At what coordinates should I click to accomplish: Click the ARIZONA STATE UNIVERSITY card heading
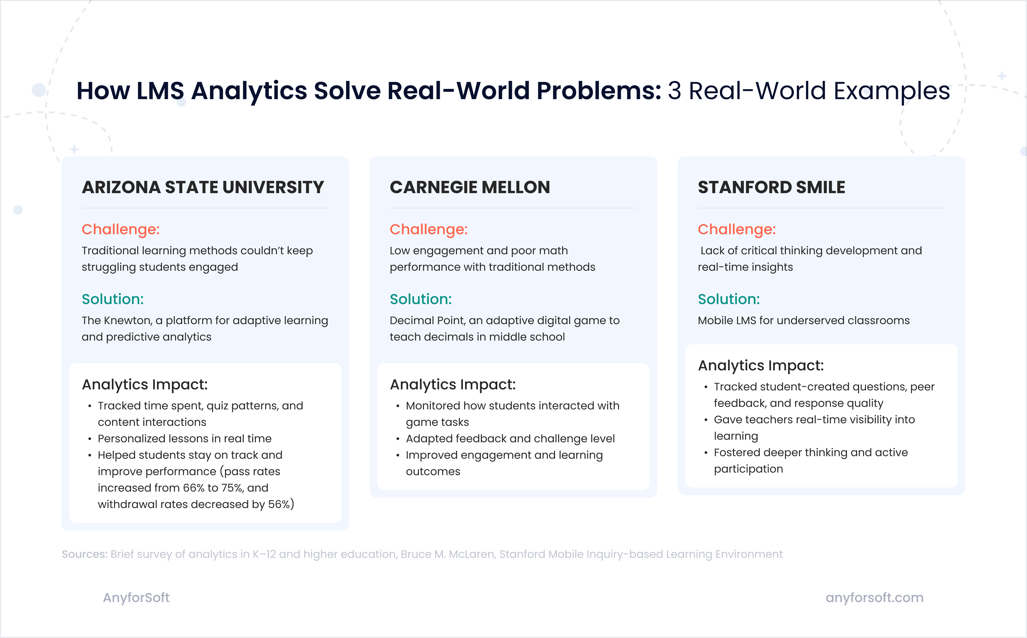pyautogui.click(x=203, y=187)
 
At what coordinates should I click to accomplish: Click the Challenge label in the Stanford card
pyautogui.click(x=736, y=229)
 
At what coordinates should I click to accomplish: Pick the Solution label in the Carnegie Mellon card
pyautogui.click(x=421, y=299)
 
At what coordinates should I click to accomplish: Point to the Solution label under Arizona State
pyautogui.click(x=113, y=299)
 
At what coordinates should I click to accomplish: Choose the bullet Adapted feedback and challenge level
pyautogui.click(x=510, y=439)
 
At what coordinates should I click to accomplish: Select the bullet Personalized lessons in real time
pyautogui.click(x=184, y=439)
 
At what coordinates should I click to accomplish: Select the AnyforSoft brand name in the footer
pyautogui.click(x=136, y=597)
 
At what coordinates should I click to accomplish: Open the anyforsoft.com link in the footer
pyautogui.click(x=874, y=597)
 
